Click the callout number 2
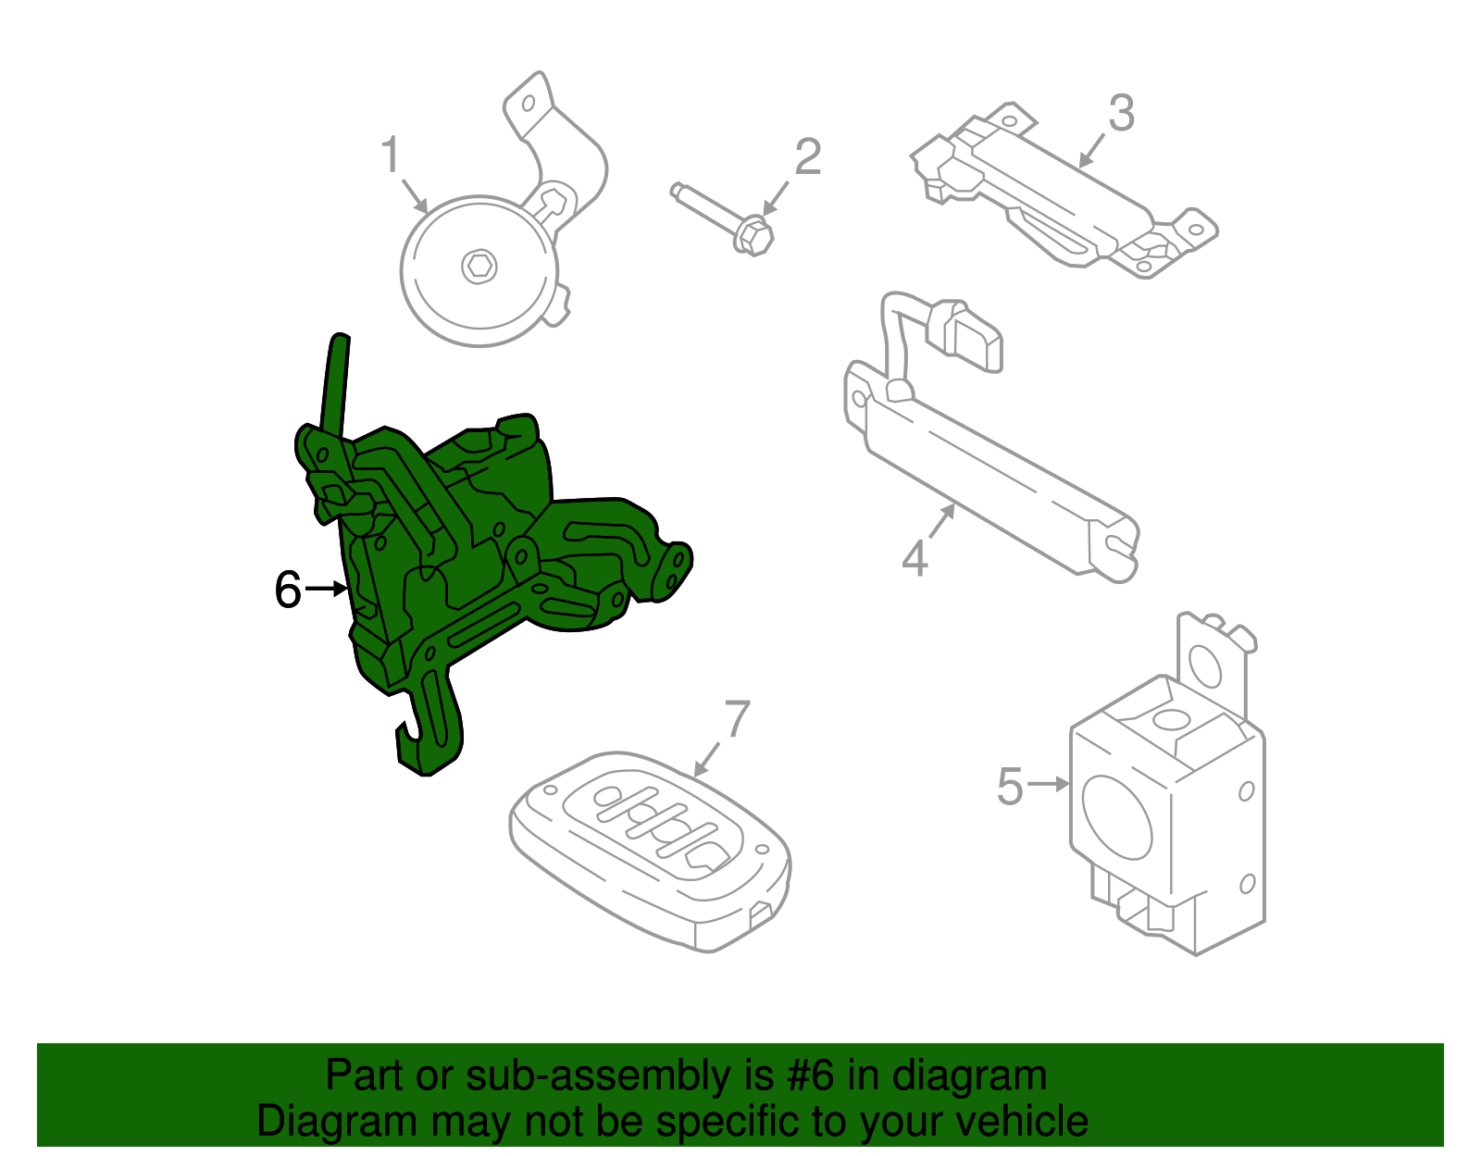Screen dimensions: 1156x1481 click(807, 157)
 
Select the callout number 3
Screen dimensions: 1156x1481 click(1121, 113)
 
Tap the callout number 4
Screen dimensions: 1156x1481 click(915, 559)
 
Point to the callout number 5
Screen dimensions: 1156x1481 click(1009, 786)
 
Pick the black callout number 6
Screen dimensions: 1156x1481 click(288, 590)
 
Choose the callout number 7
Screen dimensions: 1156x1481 click(737, 719)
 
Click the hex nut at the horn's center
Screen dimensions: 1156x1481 click(479, 267)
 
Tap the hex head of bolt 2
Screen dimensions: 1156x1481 click(754, 234)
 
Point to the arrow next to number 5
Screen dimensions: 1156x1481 click(1049, 785)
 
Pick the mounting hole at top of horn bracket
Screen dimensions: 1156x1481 click(529, 103)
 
